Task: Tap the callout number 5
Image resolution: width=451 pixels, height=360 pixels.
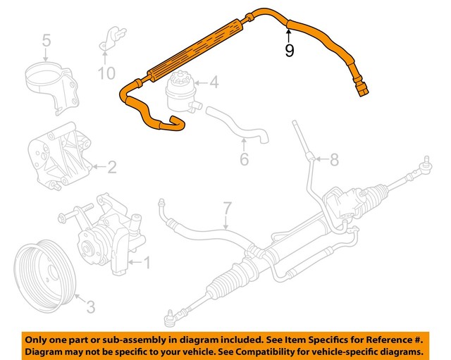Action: coord(47,40)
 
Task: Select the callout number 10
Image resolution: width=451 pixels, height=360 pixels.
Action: coord(106,73)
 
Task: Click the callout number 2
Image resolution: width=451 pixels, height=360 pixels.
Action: coord(111,167)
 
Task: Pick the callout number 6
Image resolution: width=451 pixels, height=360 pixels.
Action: coord(244,159)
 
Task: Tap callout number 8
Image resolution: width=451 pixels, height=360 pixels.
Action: coord(334,160)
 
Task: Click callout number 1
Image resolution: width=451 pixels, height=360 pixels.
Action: coord(148,264)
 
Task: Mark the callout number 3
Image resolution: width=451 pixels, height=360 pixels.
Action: coord(90,306)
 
